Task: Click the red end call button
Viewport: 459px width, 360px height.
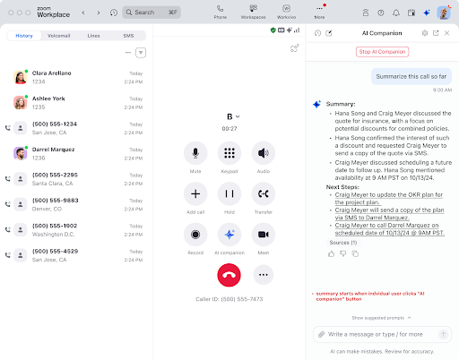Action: [x=229, y=275]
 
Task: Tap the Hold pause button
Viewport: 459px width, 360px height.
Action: [x=229, y=193]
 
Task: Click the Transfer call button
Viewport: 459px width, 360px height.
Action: [x=263, y=193]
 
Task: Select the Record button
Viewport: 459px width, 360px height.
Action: [x=195, y=234]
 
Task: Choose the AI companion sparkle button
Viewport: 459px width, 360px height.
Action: [x=229, y=234]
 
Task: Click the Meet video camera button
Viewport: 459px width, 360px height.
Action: [x=263, y=234]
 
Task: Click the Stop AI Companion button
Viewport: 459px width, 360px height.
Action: [x=382, y=52]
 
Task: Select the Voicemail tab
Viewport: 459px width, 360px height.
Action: [x=58, y=35]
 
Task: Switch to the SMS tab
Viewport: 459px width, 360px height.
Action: [x=128, y=35]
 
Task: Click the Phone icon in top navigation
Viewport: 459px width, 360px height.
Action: [x=221, y=12]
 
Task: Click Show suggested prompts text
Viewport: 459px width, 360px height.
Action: [x=379, y=318]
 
